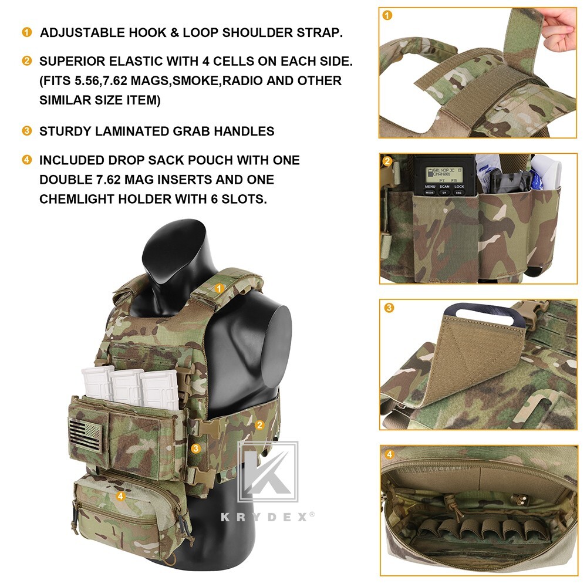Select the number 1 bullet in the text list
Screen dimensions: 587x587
pyautogui.click(x=26, y=32)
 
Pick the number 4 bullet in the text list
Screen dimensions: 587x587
pyautogui.click(x=26, y=160)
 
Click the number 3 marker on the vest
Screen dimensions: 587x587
pyautogui.click(x=196, y=448)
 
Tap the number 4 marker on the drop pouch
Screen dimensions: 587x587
pyautogui.click(x=120, y=496)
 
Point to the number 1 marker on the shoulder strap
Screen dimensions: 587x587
pyautogui.click(x=219, y=288)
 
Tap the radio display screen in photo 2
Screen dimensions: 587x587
pyautogui.click(x=443, y=174)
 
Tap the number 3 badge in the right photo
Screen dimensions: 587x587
pyautogui.click(x=389, y=308)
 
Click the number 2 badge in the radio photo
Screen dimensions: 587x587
pyautogui.click(x=387, y=161)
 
